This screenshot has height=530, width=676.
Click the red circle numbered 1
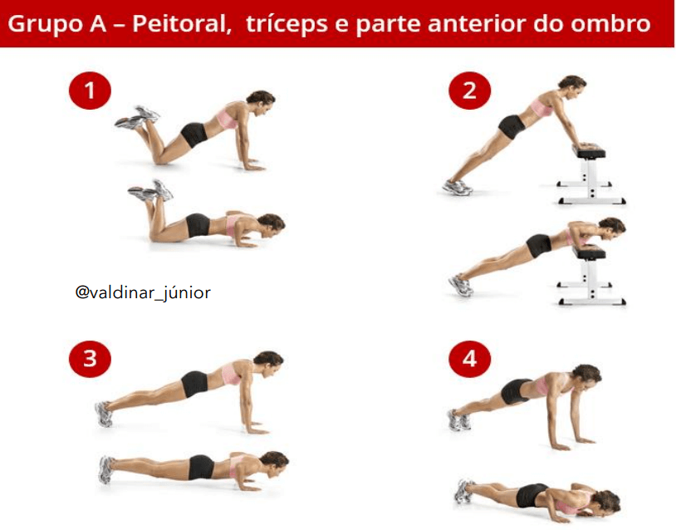tap(90, 91)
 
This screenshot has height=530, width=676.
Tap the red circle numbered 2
tap(470, 90)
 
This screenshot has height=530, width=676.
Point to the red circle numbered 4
tap(470, 359)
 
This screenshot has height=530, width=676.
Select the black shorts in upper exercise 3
tap(194, 383)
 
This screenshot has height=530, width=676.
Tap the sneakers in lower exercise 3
tap(106, 469)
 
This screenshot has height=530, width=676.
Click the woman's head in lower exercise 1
tap(270, 223)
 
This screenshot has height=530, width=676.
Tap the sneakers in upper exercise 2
tap(457, 187)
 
